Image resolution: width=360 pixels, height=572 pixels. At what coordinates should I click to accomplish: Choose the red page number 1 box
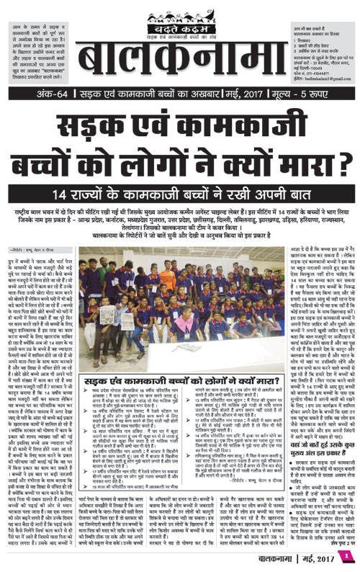tap(346, 555)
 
